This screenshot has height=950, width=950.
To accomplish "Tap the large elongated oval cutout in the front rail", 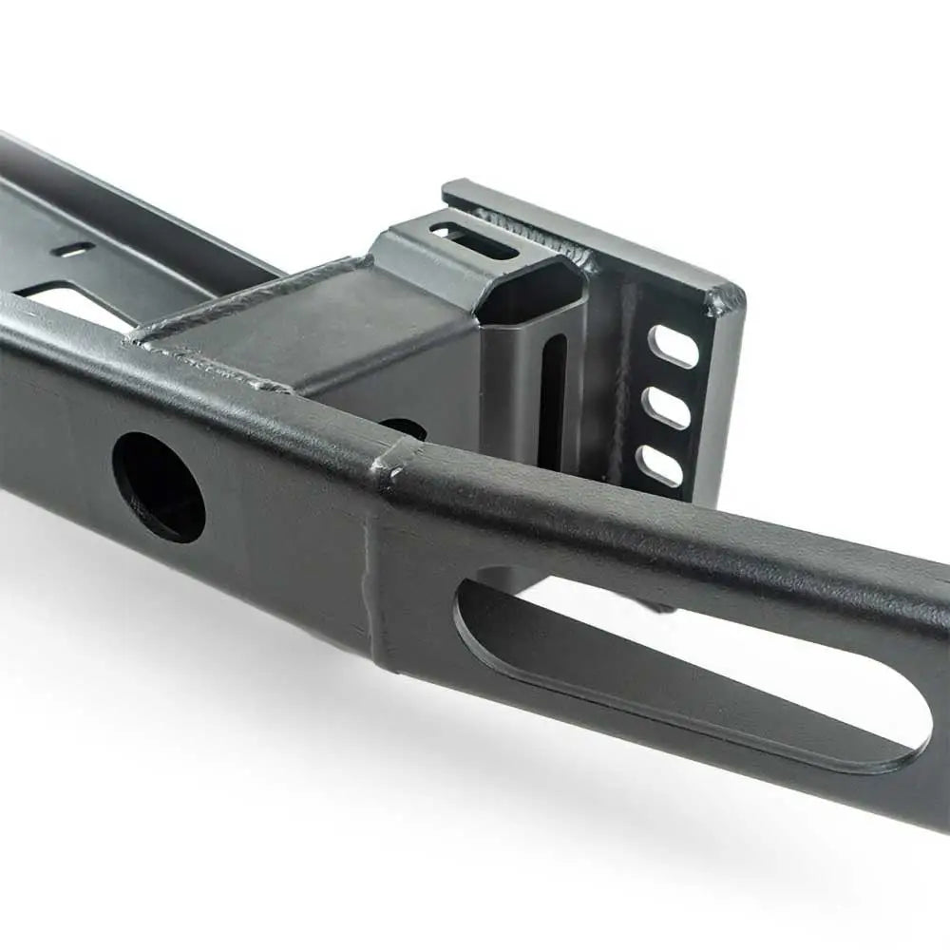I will click(x=684, y=665).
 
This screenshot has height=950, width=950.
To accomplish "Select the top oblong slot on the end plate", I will click(x=673, y=346).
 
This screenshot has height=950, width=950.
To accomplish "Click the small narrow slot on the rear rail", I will click(x=73, y=249).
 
